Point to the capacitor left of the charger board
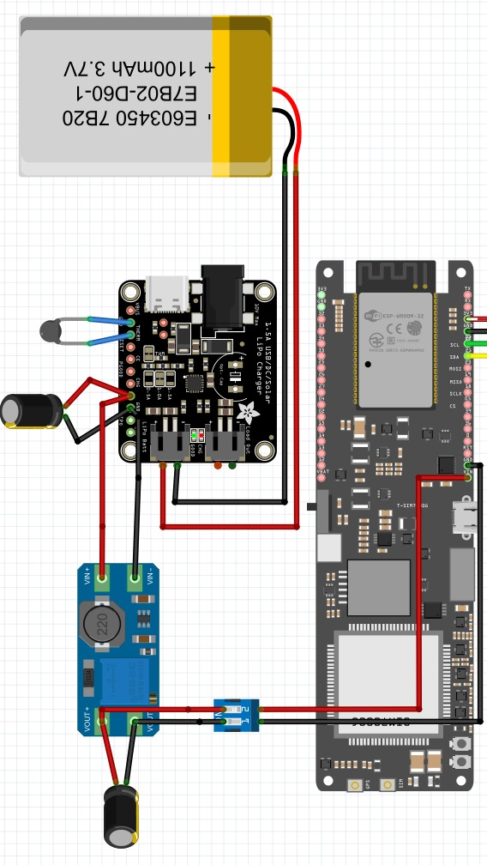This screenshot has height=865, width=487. (x=31, y=409)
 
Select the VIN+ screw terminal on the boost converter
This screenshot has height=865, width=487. (x=102, y=581)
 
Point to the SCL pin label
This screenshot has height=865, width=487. (x=454, y=344)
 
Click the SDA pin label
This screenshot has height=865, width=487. (x=454, y=356)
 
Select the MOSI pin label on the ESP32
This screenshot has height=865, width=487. (x=454, y=368)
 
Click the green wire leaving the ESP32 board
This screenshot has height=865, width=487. (x=478, y=344)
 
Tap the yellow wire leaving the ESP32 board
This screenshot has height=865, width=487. (x=478, y=356)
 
